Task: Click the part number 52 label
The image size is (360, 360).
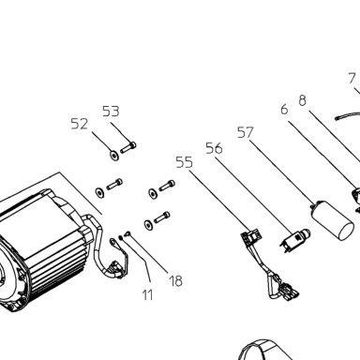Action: click(x=79, y=124)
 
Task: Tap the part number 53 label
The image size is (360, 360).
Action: click(x=111, y=112)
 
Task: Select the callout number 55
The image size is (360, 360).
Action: click(x=184, y=162)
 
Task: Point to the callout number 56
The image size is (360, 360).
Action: click(x=214, y=148)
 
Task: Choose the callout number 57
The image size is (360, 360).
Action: click(x=246, y=132)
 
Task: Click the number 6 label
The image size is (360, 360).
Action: click(x=284, y=110)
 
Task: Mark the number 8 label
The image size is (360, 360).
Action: click(x=302, y=100)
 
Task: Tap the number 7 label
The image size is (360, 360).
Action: click(x=352, y=78)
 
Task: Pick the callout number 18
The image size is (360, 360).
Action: click(x=175, y=280)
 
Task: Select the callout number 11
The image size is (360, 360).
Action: click(x=147, y=294)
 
